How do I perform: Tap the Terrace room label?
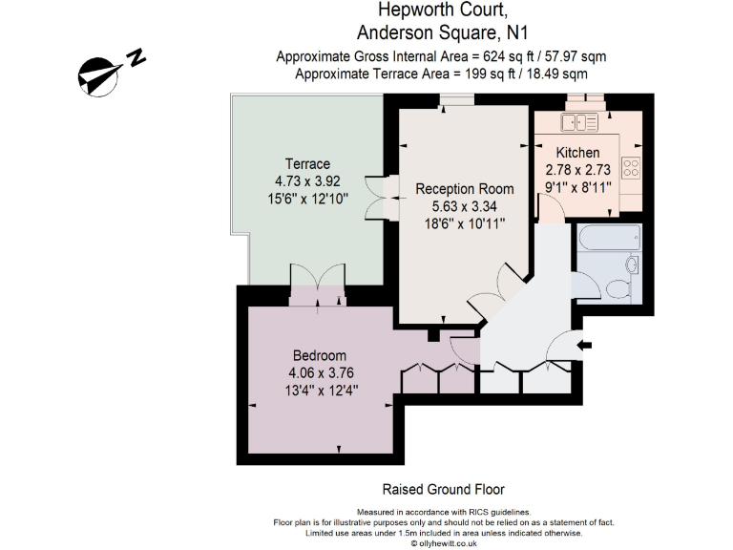pyautogui.click(x=307, y=163)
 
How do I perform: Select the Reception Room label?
pyautogui.click(x=465, y=189)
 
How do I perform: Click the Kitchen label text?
pyautogui.click(x=578, y=153)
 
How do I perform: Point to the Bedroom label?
pyautogui.click(x=320, y=356)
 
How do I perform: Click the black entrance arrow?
pyautogui.click(x=585, y=344)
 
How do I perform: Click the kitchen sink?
pyautogui.click(x=579, y=121)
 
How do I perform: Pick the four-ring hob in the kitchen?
pyautogui.click(x=631, y=168)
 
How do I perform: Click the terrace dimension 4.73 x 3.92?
pyautogui.click(x=307, y=180)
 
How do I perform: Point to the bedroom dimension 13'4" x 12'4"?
pyautogui.click(x=320, y=390)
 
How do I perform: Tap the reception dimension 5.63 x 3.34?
pyautogui.click(x=465, y=206)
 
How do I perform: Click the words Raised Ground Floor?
pyautogui.click(x=443, y=489)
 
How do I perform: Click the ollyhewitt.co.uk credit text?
pyautogui.click(x=443, y=542)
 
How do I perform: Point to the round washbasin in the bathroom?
pyautogui.click(x=632, y=264)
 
